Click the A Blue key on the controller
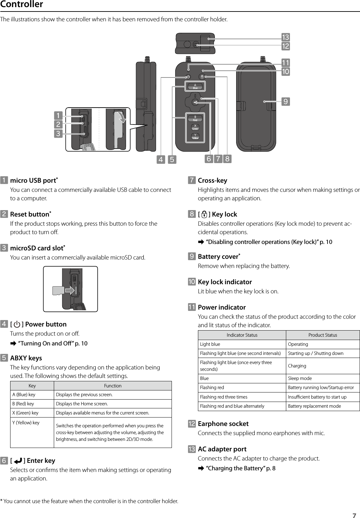[x=195, y=86]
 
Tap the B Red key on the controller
[x=195, y=118]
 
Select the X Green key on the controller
[x=195, y=127]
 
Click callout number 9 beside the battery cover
[x=286, y=101]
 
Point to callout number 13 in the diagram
[x=286, y=37]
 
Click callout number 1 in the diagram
[x=58, y=116]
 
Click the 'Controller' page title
[x=22, y=5]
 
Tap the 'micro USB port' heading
[x=33, y=180]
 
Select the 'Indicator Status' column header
[x=242, y=335]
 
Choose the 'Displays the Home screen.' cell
[x=82, y=404]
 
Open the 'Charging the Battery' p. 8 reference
[x=240, y=468]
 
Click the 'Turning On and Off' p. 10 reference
[x=52, y=343]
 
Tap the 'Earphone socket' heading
[x=223, y=424]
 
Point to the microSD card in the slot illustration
[x=59, y=290]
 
